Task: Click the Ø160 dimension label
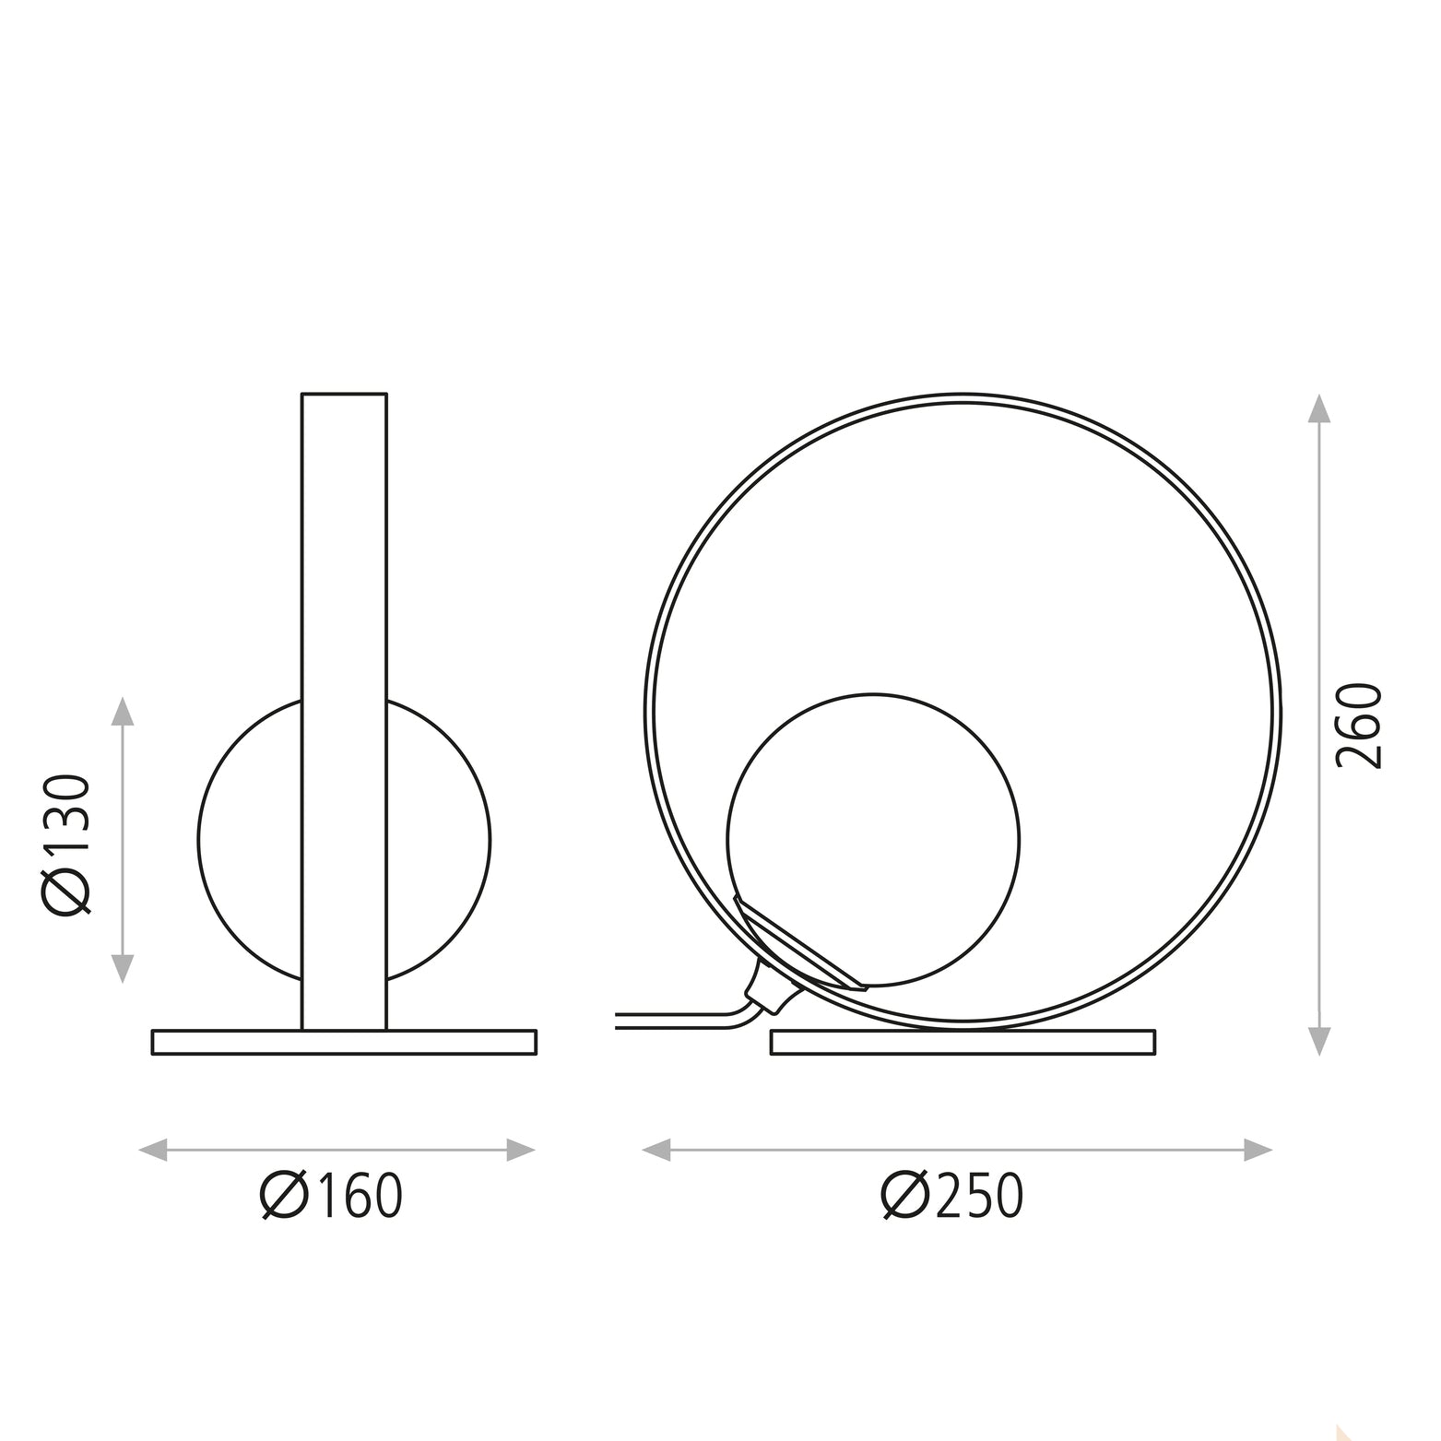[332, 1196]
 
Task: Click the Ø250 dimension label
[952, 1196]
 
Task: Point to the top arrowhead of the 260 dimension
[1319, 409]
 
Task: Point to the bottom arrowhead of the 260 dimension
[1319, 1041]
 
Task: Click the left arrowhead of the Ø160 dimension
[153, 1150]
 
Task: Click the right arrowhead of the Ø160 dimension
[520, 1150]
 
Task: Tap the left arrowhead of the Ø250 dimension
[656, 1150]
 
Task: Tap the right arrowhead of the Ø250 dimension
[1258, 1150]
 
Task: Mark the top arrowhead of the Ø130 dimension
[123, 712]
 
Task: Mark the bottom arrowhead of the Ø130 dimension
[123, 968]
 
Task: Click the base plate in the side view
[344, 1042]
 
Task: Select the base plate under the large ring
[963, 1042]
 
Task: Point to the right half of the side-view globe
[438, 840]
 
